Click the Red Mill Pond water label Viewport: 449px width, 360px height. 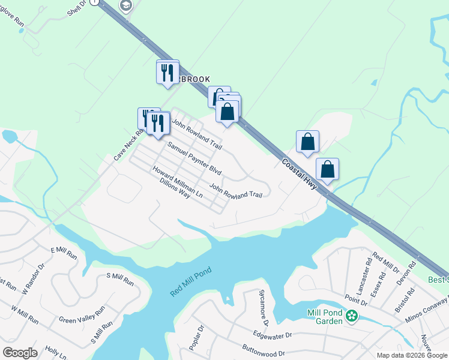(x=192, y=281)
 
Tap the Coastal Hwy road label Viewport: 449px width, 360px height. (x=300, y=173)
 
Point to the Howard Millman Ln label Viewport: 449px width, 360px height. (x=177, y=182)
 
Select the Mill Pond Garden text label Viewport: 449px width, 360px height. (x=325, y=317)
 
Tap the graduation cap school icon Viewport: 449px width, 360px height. (x=126, y=7)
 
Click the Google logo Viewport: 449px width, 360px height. (x=20, y=353)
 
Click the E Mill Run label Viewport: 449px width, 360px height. (x=64, y=253)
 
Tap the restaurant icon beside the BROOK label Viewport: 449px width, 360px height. (x=167, y=73)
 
